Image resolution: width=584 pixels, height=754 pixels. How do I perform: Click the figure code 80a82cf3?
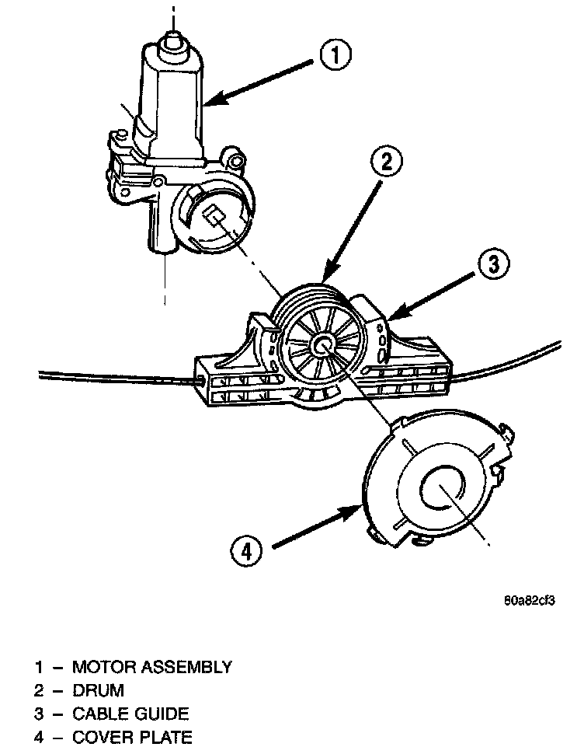[531, 600]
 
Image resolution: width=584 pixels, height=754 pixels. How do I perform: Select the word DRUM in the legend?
[98, 689]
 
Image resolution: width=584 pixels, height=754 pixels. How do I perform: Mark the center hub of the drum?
[322, 345]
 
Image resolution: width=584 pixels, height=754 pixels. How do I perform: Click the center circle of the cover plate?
[441, 488]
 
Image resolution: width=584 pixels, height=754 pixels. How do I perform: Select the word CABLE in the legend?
[99, 713]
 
